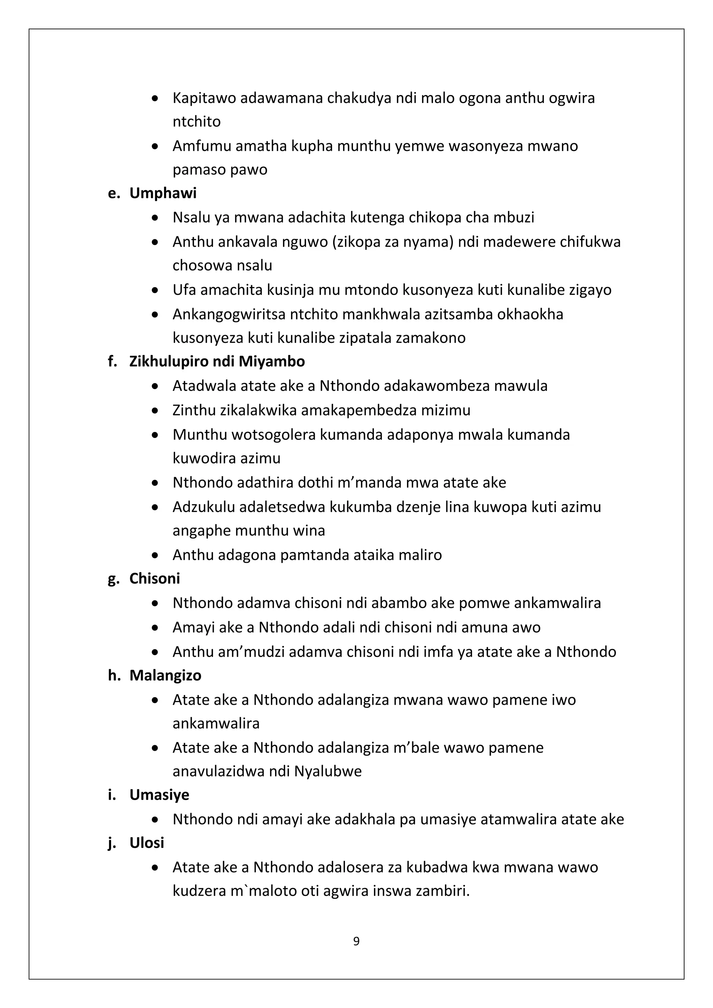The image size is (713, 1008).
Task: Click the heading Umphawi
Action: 163,193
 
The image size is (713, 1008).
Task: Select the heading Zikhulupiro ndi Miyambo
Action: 217,362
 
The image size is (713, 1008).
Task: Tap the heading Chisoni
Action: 155,578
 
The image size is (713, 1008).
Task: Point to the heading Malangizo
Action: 165,675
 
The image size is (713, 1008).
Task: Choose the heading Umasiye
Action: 159,795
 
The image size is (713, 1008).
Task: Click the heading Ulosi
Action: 147,843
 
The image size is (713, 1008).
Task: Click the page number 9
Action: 356,941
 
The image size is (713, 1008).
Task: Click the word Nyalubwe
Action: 328,771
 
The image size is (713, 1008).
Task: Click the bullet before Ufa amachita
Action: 155,291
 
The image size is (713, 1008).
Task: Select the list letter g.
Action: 113,580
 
